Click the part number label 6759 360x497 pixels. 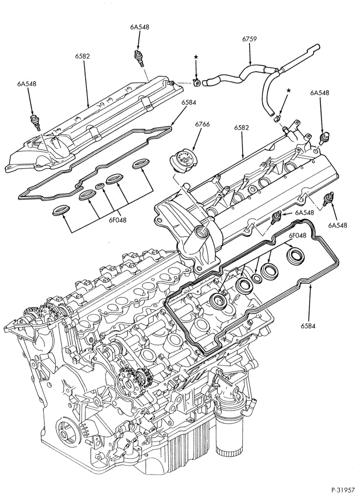pos(249,39)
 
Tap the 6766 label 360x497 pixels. pos(202,125)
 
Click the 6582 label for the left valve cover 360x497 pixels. pos(83,57)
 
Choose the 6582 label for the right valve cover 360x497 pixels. pos(242,128)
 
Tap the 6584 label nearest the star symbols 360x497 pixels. pos(189,103)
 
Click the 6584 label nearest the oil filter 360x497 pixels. pos(308,326)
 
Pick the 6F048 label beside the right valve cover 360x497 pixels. pos(297,236)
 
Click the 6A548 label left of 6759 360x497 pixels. pos(139,27)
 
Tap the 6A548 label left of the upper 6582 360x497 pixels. pos(27,84)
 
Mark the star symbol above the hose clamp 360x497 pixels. pos(196,57)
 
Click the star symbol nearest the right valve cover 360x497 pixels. pos(288,90)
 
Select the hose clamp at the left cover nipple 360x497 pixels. pos(196,83)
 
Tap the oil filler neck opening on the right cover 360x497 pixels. pos(200,228)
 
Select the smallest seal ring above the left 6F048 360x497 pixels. pos(99,186)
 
